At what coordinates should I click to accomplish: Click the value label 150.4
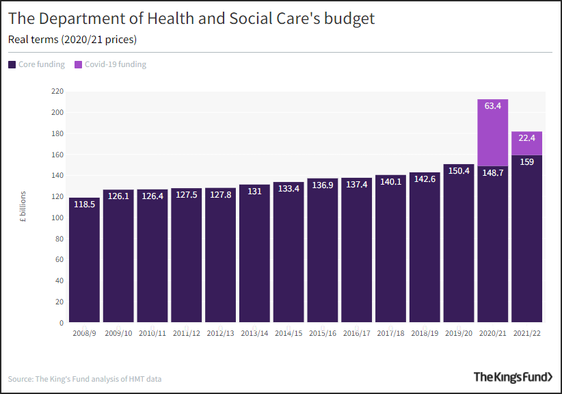coord(458,170)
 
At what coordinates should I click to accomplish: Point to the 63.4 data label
coord(492,106)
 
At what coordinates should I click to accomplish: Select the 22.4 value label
coord(526,138)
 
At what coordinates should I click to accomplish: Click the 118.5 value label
coord(84,204)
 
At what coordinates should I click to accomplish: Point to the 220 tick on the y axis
coord(57,91)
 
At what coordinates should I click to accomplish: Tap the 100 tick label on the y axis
coord(57,218)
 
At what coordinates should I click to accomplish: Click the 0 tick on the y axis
coord(61,323)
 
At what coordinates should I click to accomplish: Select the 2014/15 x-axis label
coord(289,333)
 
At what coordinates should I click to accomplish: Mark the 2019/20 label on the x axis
coord(458,333)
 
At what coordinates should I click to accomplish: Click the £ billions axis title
coord(23,207)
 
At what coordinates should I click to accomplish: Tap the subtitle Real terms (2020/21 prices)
coord(72,40)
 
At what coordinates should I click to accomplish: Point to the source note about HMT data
coord(85,378)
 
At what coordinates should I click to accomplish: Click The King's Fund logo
coord(513,377)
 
